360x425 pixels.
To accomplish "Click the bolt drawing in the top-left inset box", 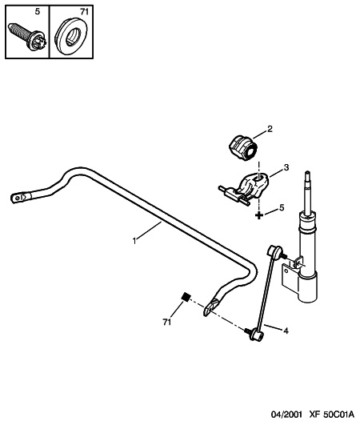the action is click(27, 38).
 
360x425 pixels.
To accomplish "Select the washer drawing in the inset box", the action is click(72, 37).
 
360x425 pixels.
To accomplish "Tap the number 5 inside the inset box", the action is click(38, 12).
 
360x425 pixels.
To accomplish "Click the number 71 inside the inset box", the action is click(84, 12).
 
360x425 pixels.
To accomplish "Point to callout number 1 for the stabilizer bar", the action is click(134, 240).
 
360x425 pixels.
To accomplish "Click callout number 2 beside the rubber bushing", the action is click(270, 129).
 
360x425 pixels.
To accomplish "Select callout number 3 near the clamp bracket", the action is click(286, 167).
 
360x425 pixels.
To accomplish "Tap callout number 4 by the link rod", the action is click(286, 331).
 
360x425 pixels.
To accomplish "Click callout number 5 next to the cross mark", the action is click(282, 207).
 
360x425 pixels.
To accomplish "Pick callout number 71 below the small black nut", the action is click(167, 322).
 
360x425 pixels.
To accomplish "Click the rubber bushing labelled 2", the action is click(242, 148).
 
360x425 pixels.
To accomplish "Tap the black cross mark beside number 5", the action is click(259, 215).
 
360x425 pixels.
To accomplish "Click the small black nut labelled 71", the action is click(186, 296).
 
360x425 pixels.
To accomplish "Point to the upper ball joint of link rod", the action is click(274, 251).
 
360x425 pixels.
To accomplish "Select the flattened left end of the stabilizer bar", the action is click(21, 197).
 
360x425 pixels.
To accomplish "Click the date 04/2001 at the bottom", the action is click(286, 415).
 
